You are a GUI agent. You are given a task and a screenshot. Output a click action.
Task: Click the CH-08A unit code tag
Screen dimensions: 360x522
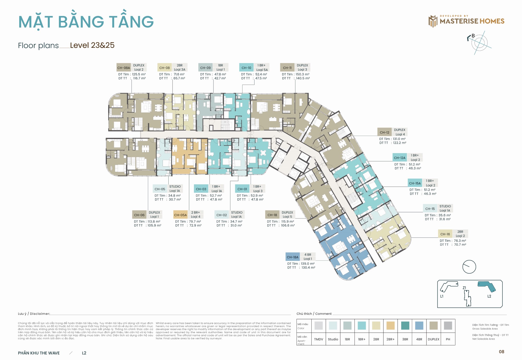click(x=123, y=68)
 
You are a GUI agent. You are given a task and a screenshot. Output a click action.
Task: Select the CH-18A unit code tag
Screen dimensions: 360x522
click(x=293, y=257)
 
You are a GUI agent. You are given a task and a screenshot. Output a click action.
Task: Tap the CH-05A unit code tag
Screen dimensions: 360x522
click(x=180, y=215)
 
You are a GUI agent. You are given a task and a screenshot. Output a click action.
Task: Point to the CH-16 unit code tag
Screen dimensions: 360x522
click(x=445, y=234)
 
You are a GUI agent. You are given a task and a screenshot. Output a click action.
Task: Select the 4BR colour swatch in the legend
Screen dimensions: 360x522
click(x=419, y=326)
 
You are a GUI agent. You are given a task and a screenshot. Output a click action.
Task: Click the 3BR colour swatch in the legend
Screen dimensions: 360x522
click(x=405, y=326)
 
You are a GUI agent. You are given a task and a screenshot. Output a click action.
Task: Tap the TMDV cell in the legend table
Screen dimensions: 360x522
click(x=318, y=339)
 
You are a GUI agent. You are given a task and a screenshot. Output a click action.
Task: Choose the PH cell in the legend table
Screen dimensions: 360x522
click(x=448, y=339)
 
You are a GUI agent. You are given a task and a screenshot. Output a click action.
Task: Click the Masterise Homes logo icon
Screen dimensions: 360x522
click(x=433, y=21)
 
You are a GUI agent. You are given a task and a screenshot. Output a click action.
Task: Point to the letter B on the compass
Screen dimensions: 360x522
click(x=473, y=36)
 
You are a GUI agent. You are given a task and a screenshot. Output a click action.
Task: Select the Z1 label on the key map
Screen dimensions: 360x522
click(x=464, y=288)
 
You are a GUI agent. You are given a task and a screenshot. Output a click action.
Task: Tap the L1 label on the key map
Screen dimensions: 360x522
click(x=442, y=296)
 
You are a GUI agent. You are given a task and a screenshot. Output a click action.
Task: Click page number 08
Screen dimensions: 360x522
click(x=501, y=352)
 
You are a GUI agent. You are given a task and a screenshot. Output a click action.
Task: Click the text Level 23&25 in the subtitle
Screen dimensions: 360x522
click(x=92, y=45)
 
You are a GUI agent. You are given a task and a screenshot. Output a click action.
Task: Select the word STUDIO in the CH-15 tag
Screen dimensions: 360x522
click(x=445, y=206)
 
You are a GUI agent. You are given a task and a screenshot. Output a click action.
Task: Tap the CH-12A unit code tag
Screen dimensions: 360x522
click(x=400, y=158)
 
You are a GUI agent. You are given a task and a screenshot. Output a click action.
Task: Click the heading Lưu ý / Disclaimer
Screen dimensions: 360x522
click(x=34, y=314)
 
